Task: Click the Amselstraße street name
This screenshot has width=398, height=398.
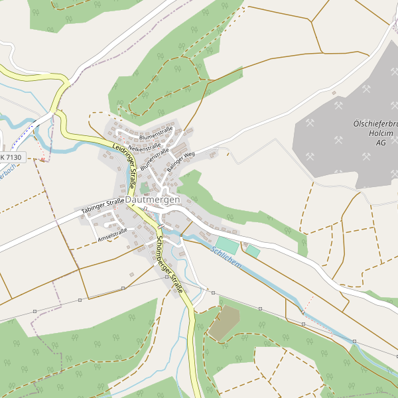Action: click(112, 235)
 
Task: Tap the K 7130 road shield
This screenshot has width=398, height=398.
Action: click(11, 158)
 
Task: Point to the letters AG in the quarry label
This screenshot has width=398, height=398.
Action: click(381, 143)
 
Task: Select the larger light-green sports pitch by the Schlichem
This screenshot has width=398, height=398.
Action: click(227, 244)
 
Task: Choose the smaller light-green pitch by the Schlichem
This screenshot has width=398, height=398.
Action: click(253, 251)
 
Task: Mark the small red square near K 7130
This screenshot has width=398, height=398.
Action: click(43, 159)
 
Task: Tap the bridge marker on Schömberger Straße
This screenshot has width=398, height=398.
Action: click(161, 227)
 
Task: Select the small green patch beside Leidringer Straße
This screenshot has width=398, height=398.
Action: click(145, 188)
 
